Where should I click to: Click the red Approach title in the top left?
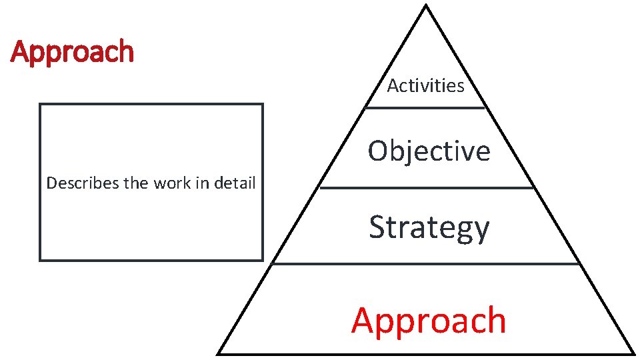72,52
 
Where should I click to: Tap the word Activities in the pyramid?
425,86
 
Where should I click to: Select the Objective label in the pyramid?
429,151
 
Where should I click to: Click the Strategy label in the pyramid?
429,227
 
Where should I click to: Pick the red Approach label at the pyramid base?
429,320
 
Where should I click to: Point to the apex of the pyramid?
425,6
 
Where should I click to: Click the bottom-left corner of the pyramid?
219,353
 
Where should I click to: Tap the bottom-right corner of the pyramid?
633,353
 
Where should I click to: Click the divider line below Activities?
425,107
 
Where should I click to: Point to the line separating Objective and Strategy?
427,187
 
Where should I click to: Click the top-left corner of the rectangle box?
40,104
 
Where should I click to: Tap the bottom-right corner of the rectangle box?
263,260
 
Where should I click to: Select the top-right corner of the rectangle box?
263,104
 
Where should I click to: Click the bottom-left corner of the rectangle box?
40,260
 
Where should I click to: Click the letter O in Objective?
379,151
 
